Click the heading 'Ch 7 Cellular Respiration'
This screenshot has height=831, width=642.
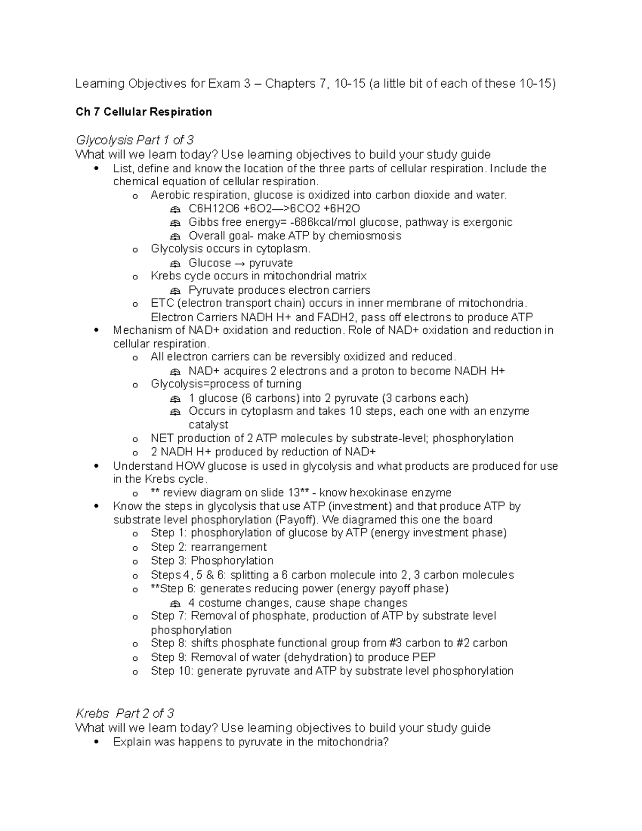[x=143, y=112]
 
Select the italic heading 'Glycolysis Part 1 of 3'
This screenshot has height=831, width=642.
[x=134, y=140]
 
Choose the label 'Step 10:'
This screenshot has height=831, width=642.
[x=172, y=671]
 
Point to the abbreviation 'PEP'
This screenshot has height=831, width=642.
[x=424, y=657]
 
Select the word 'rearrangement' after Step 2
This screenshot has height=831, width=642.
[x=228, y=547]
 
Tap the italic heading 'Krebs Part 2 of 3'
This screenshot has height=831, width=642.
[x=125, y=713]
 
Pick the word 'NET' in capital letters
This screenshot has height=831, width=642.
[x=162, y=438]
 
